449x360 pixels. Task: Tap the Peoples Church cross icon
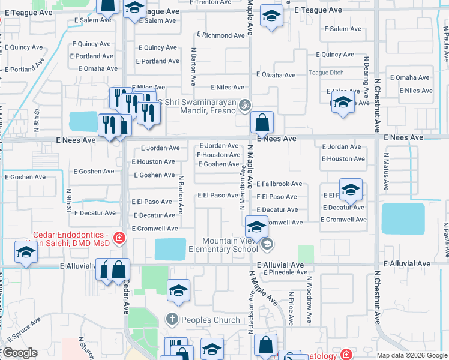pyautogui.click(x=172, y=319)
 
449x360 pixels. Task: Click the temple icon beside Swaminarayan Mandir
pyautogui.click(x=244, y=106)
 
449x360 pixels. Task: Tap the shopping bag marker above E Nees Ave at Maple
pyautogui.click(x=262, y=124)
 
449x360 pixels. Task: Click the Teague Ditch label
pyautogui.click(x=326, y=73)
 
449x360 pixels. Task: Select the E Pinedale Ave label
pyautogui.click(x=282, y=272)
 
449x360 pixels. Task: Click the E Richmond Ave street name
pyautogui.click(x=220, y=35)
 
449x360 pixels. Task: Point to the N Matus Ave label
pyautogui.click(x=386, y=164)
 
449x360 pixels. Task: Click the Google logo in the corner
pyautogui.click(x=19, y=353)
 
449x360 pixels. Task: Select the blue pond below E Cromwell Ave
pyautogui.click(x=170, y=249)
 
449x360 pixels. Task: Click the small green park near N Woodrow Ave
pyautogui.click(x=306, y=253)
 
